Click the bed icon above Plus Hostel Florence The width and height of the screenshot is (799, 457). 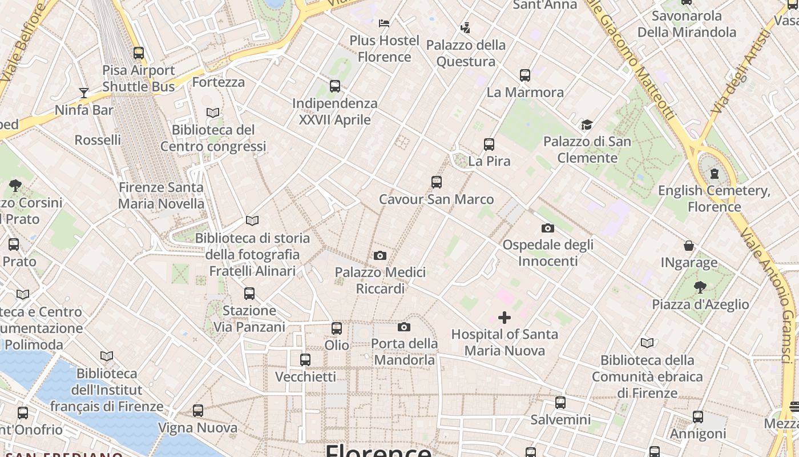click(x=384, y=23)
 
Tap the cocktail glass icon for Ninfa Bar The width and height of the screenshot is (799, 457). click(x=84, y=93)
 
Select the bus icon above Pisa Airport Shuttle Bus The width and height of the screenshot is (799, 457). click(x=139, y=53)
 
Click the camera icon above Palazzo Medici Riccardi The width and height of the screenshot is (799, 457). click(x=380, y=255)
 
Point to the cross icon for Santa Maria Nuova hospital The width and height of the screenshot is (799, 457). click(x=505, y=317)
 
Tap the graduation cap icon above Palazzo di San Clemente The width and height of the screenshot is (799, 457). click(x=587, y=125)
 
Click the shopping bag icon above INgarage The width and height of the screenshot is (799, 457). click(x=689, y=246)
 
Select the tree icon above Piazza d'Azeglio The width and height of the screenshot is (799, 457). click(x=700, y=287)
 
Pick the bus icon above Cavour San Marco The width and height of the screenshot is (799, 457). click(x=437, y=182)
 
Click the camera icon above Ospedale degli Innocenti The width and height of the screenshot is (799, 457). click(x=548, y=228)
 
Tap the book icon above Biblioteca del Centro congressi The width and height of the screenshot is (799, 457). click(x=213, y=113)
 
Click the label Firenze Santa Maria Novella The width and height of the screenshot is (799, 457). click(x=161, y=195)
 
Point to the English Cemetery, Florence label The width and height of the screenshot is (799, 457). click(x=714, y=198)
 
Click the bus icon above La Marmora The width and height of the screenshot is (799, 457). click(x=525, y=75)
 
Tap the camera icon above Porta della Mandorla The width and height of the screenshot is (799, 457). click(x=404, y=327)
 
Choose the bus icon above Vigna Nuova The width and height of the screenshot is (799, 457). click(x=198, y=411)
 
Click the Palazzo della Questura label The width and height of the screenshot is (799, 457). click(x=466, y=53)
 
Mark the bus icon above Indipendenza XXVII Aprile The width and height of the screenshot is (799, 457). click(x=335, y=86)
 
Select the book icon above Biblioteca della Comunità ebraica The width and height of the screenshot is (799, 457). click(x=647, y=343)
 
